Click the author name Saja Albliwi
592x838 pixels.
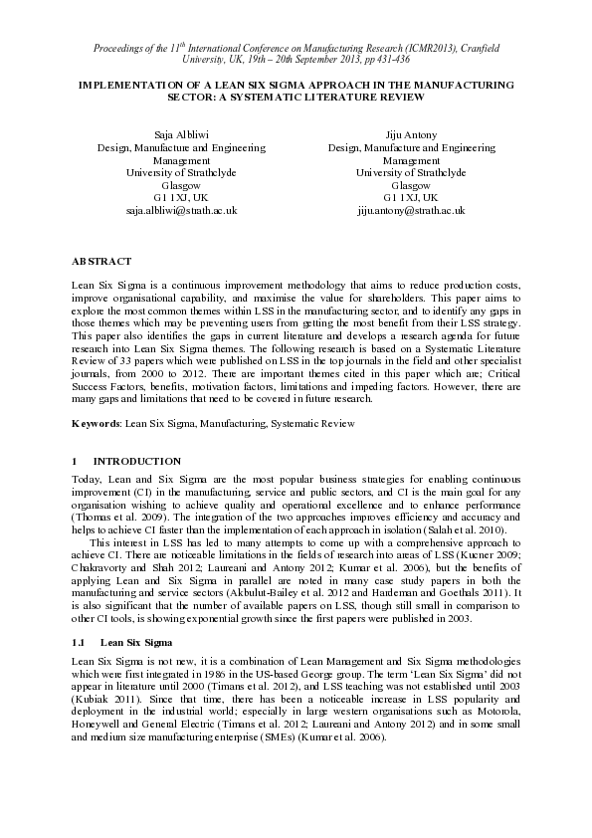click(180, 132)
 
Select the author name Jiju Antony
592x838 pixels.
click(410, 132)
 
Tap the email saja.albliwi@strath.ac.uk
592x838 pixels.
click(180, 211)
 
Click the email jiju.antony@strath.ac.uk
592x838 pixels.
click(410, 211)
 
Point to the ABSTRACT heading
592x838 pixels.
click(100, 261)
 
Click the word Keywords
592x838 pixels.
click(96, 423)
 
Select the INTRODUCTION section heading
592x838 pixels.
click(136, 462)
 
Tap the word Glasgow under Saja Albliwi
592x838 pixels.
click(180, 185)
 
